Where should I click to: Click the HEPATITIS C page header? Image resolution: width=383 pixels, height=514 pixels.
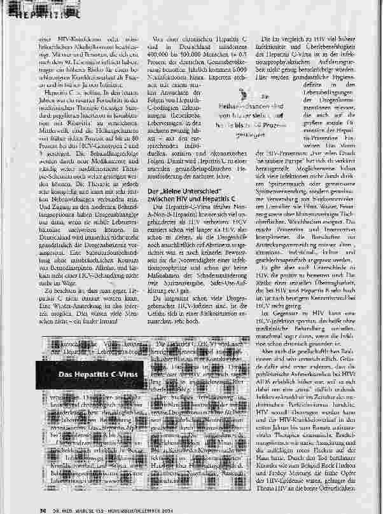29,11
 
